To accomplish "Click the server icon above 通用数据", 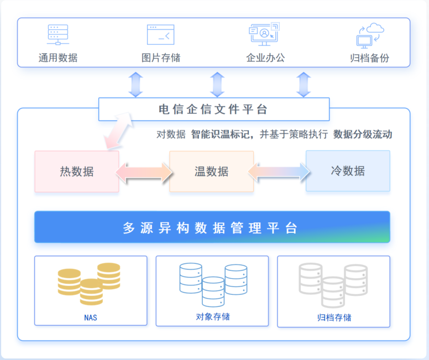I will pyautogui.click(x=57, y=34).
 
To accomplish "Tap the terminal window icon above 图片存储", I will pyautogui.click(x=160, y=34).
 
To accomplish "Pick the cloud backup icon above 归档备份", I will pyautogui.click(x=370, y=35).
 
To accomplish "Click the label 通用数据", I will pyautogui.click(x=57, y=58).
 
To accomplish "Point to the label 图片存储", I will pyautogui.click(x=160, y=58).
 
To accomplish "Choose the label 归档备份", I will pyautogui.click(x=369, y=58).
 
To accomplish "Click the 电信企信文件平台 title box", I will pyautogui.click(x=213, y=109).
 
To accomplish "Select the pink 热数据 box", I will pyautogui.click(x=77, y=171).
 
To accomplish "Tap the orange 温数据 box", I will pyautogui.click(x=211, y=171).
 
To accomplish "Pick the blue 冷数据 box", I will pyautogui.click(x=348, y=171).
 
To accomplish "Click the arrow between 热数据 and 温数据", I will pyautogui.click(x=144, y=171).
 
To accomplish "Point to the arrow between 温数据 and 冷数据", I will pyautogui.click(x=279, y=171).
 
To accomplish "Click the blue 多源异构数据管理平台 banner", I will pyautogui.click(x=212, y=227).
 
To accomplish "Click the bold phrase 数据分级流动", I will pyautogui.click(x=363, y=134).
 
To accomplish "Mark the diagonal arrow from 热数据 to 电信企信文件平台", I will pyautogui.click(x=119, y=131).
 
